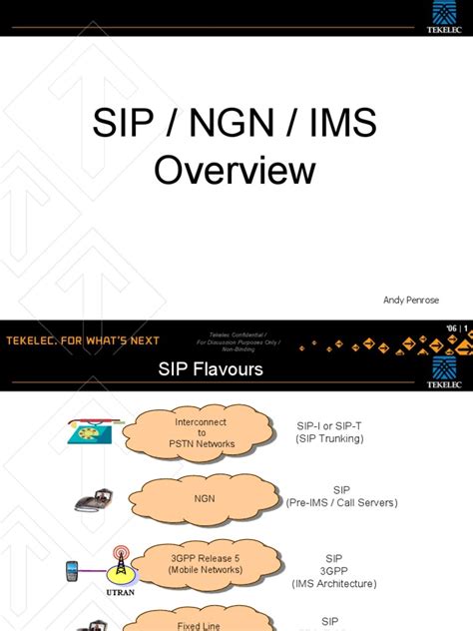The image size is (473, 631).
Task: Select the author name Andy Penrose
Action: pos(410,300)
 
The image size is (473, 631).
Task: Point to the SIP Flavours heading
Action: pos(211,369)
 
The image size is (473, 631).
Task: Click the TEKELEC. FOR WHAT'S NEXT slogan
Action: pos(84,340)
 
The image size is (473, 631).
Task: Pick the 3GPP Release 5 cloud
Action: pos(207,562)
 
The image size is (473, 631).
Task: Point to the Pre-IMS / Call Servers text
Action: pos(342,502)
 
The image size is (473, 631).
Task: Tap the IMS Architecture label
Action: pos(333,582)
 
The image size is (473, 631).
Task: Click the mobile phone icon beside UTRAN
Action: pos(73,571)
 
